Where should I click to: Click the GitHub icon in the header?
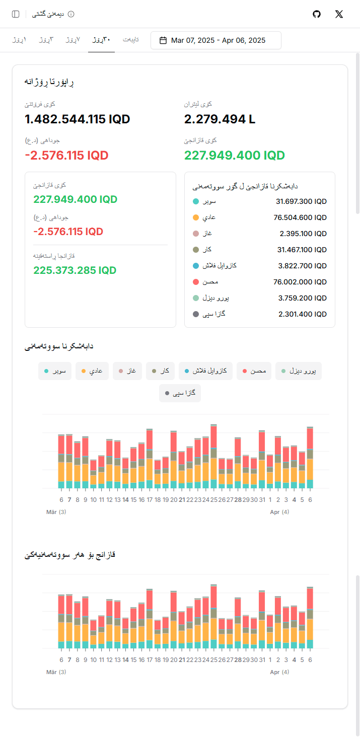[317, 14]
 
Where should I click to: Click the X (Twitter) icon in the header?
[339, 14]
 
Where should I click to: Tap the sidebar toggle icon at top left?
[16, 14]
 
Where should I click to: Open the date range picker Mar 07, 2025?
[216, 40]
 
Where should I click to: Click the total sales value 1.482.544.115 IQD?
[78, 119]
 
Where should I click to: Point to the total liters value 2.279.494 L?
[220, 119]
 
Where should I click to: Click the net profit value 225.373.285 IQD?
[75, 270]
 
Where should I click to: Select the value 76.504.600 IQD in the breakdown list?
[302, 217]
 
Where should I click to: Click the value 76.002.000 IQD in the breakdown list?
[302, 282]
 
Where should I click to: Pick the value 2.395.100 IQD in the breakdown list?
[304, 234]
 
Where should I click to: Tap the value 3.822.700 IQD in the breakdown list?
[303, 266]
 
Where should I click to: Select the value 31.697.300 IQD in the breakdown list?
[302, 201]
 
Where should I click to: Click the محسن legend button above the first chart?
[254, 371]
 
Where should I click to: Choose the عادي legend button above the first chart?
[92, 371]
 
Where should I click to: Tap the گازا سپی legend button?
[180, 393]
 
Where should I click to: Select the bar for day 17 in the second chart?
[150, 619]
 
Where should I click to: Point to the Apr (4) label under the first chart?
[279, 512]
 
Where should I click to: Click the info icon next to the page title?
[71, 14]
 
